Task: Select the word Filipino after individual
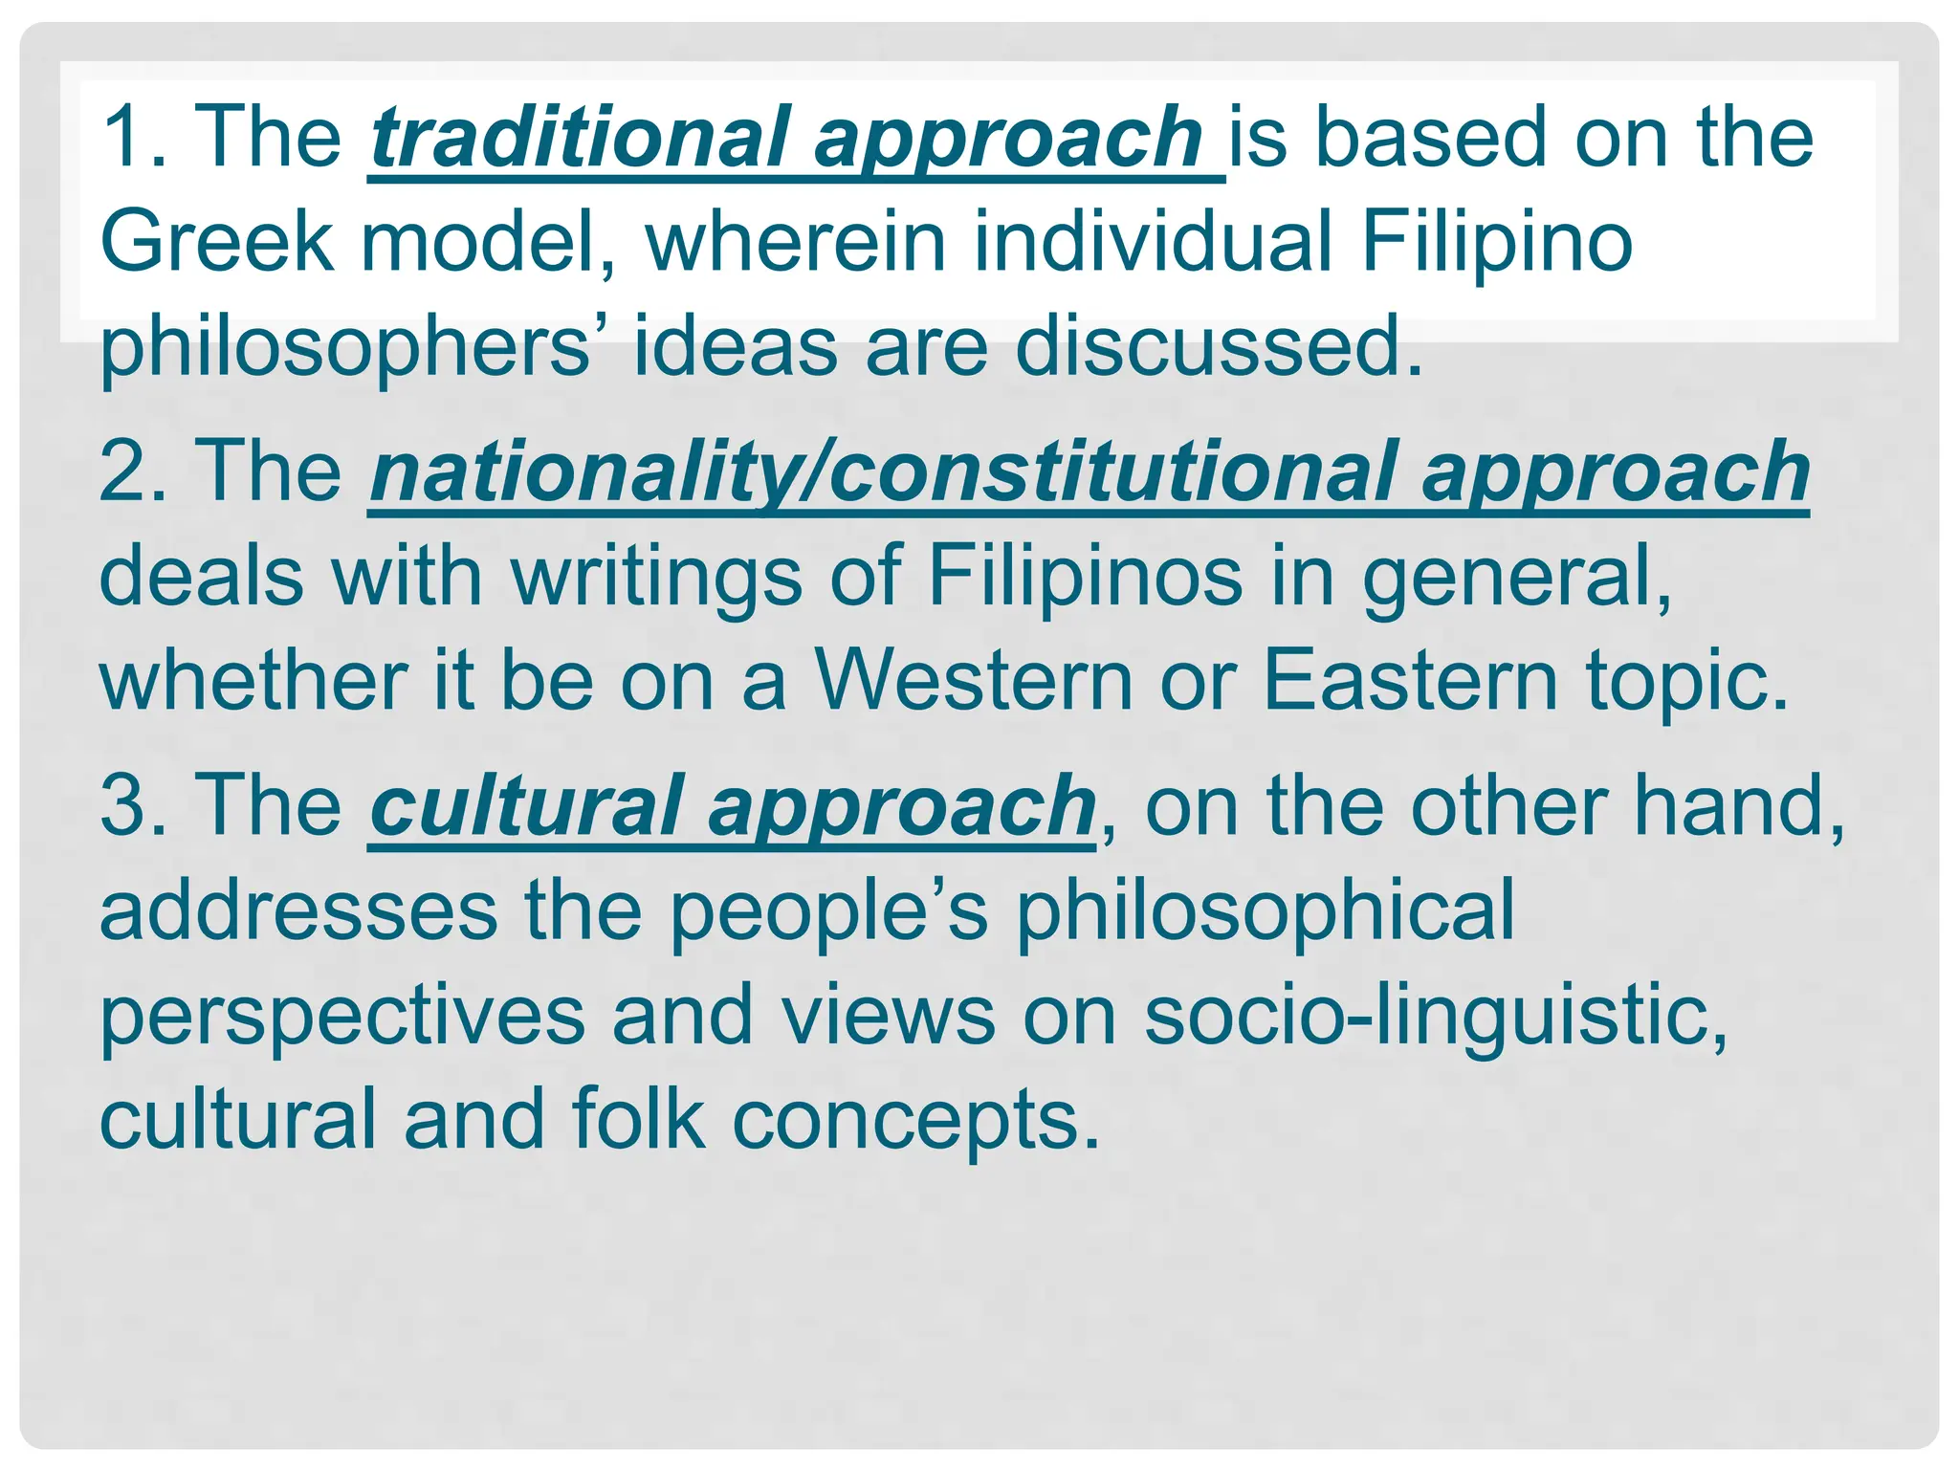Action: (x=1496, y=241)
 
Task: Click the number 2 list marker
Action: (x=124, y=471)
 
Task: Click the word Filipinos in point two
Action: (x=1085, y=576)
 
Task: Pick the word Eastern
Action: (x=1411, y=681)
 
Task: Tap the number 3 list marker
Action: (x=124, y=806)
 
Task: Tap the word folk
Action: (x=638, y=1119)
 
